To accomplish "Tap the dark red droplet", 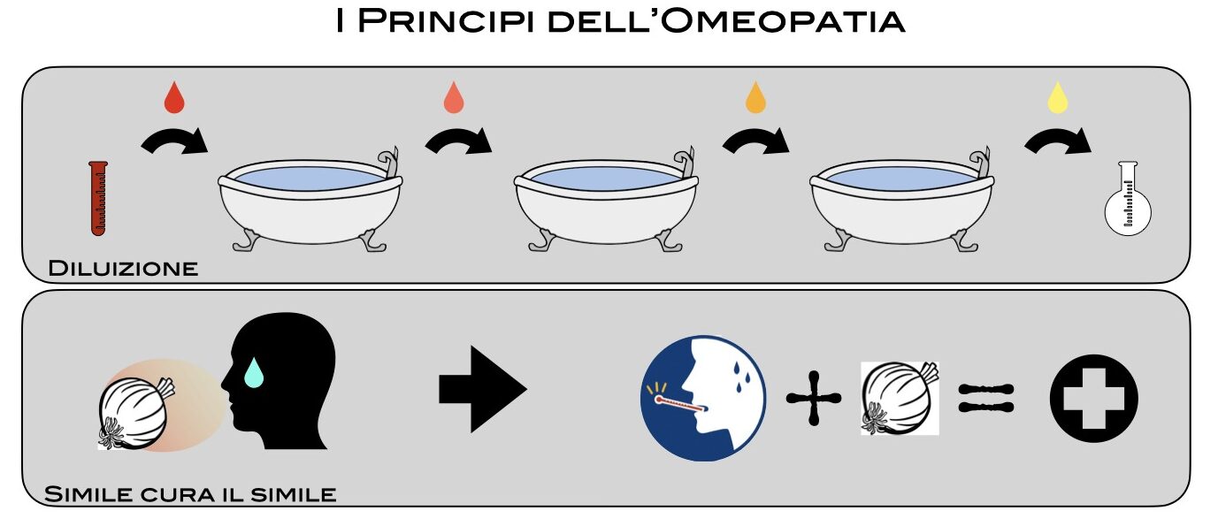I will point(174,98).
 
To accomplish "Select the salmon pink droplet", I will point(454,98).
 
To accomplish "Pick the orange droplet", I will point(755,98).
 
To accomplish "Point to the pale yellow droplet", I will point(1057,98).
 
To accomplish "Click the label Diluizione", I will point(123,268).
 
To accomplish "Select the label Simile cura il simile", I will point(190,493).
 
